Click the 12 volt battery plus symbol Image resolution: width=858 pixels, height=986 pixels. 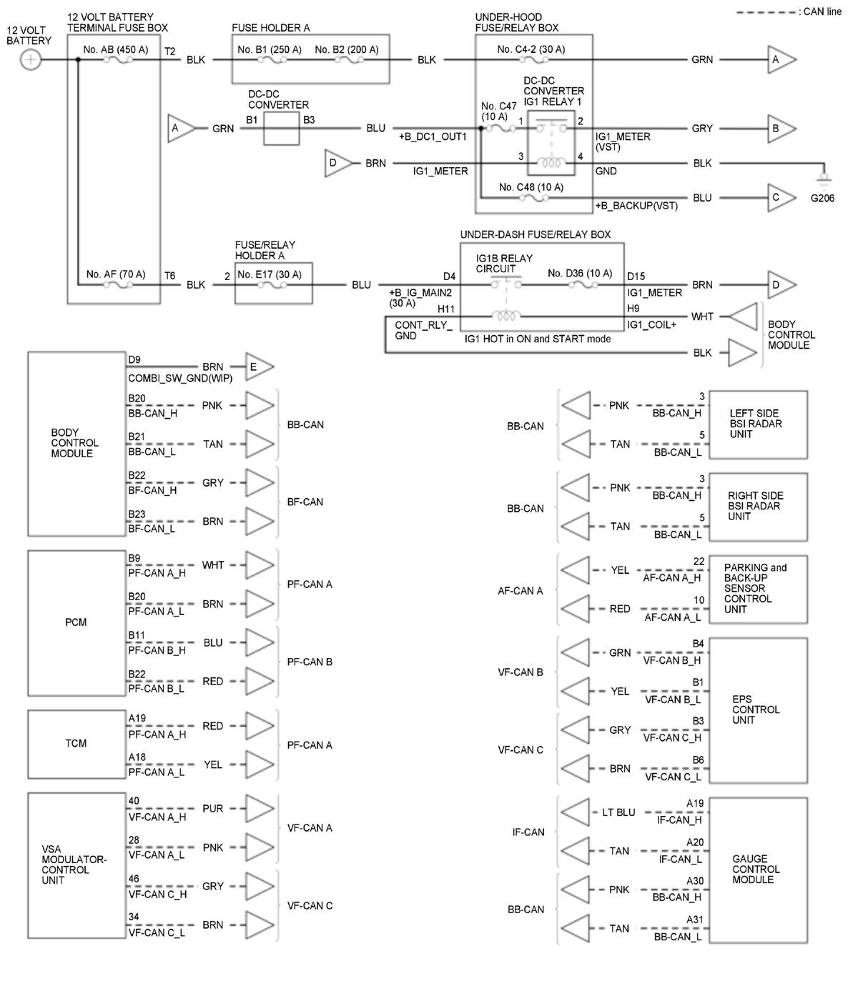point(30,60)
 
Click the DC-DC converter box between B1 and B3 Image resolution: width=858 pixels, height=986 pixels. point(281,129)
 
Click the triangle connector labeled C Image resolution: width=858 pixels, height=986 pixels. point(781,198)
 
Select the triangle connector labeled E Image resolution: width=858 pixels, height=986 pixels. point(258,367)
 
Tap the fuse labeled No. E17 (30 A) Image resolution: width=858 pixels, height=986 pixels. point(272,285)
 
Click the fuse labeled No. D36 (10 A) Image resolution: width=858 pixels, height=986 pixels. point(583,285)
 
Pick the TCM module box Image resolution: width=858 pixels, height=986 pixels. point(77,744)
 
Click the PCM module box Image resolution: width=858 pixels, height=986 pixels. point(77,622)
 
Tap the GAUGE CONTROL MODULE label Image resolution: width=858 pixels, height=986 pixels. point(755,870)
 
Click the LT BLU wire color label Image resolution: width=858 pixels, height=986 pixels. point(616,812)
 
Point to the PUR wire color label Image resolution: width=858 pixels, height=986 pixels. point(212,809)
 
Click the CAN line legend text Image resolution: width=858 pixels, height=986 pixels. point(819,12)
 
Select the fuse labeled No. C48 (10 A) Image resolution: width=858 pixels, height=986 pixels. point(533,198)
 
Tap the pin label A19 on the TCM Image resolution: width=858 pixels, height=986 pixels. point(137,718)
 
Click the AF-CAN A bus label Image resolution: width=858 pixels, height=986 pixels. point(520,591)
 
